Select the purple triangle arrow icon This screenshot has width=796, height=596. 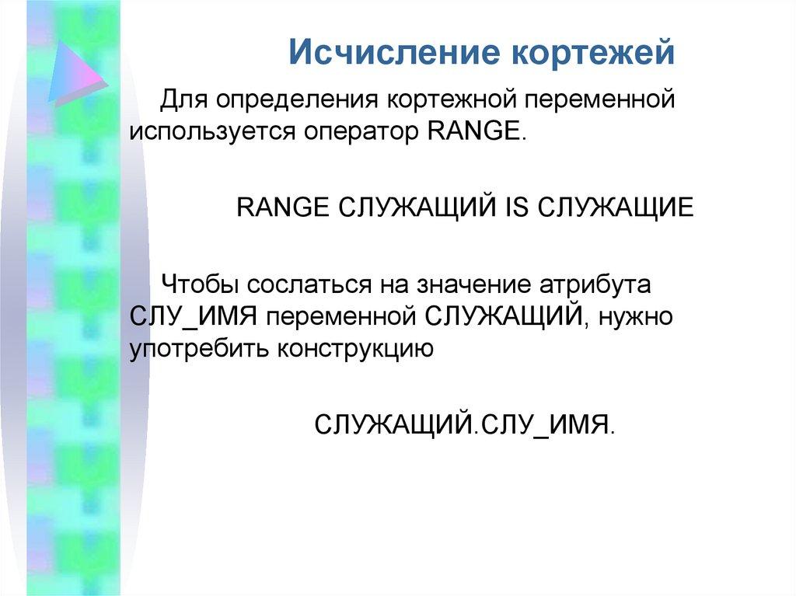click(x=75, y=74)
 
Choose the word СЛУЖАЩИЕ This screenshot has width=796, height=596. click(x=614, y=207)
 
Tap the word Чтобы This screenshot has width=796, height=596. click(x=198, y=285)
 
